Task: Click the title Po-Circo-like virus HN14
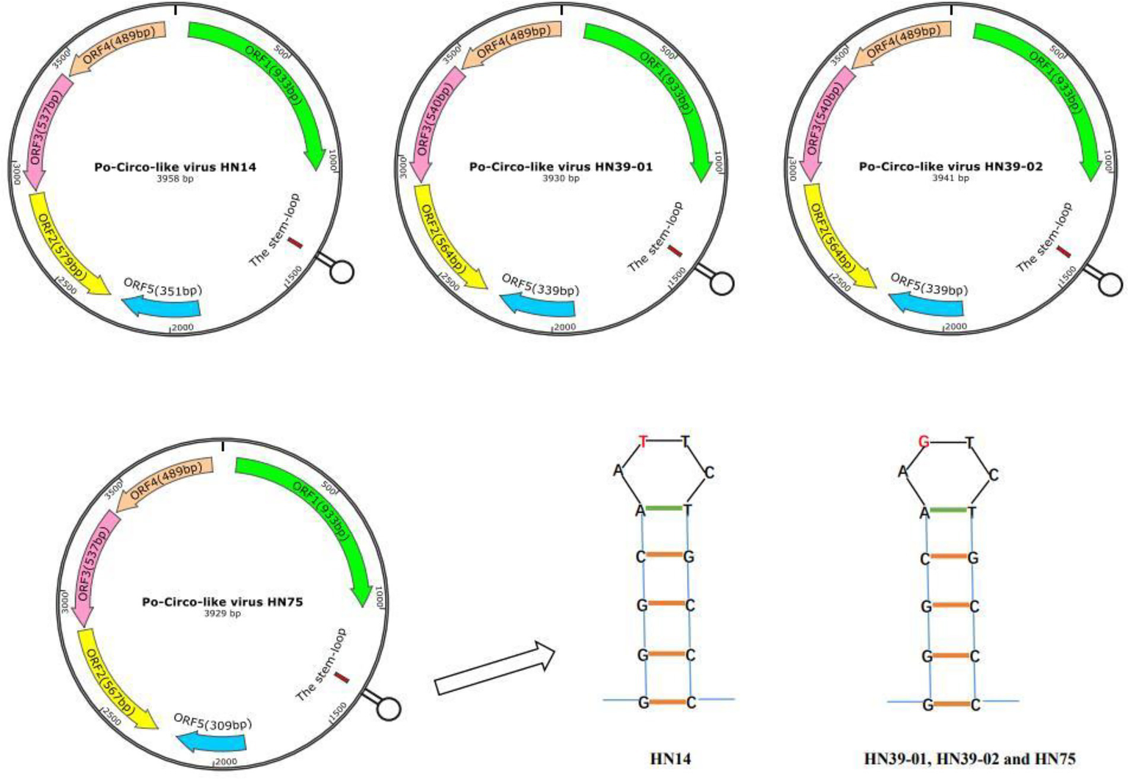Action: click(175, 167)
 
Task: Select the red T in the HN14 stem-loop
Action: click(644, 442)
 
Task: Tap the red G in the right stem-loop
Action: click(924, 442)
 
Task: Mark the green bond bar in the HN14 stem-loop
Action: click(664, 508)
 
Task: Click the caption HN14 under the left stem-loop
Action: click(670, 758)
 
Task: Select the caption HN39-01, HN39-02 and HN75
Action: click(969, 758)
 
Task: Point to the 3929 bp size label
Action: click(222, 613)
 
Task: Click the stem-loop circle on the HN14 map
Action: click(342, 271)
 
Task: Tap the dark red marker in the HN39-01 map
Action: click(675, 251)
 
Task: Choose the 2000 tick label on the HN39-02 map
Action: click(955, 327)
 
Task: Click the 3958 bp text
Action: click(175, 178)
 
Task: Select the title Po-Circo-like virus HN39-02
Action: click(950, 167)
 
